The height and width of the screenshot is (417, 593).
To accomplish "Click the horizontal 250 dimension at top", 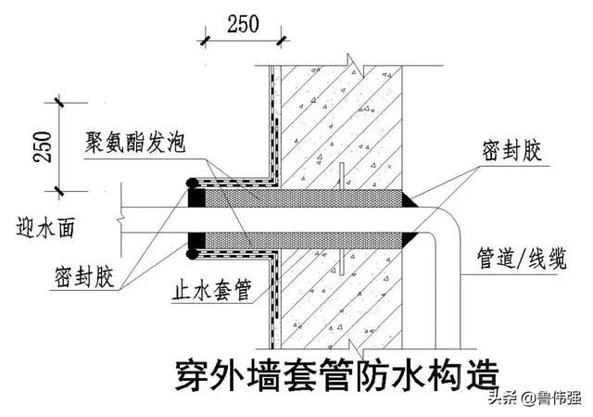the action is [243, 24].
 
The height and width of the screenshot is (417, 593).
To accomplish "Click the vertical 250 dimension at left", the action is [43, 147].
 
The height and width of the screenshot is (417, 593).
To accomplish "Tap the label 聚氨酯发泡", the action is [135, 143].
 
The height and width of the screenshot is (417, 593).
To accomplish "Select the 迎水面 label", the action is [45, 227].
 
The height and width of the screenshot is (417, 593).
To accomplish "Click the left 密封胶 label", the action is [84, 277].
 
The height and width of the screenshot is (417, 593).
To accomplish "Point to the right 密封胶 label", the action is [511, 151].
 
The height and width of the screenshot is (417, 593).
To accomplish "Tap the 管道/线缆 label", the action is [522, 259].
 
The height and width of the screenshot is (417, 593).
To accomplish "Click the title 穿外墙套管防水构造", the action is [337, 375].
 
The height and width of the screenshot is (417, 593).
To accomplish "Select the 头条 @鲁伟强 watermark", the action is [535, 398].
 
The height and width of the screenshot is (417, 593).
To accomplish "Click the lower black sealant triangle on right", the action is [410, 240].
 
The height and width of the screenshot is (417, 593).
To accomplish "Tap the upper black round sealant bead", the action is [193, 183].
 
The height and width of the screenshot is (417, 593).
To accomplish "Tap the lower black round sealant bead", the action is [193, 254].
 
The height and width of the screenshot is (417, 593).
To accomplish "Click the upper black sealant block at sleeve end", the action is [196, 198].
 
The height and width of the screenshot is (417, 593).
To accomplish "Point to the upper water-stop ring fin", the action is [342, 176].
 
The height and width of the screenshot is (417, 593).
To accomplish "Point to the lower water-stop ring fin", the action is [342, 261].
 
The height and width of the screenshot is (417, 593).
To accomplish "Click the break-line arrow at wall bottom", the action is [355, 348].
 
